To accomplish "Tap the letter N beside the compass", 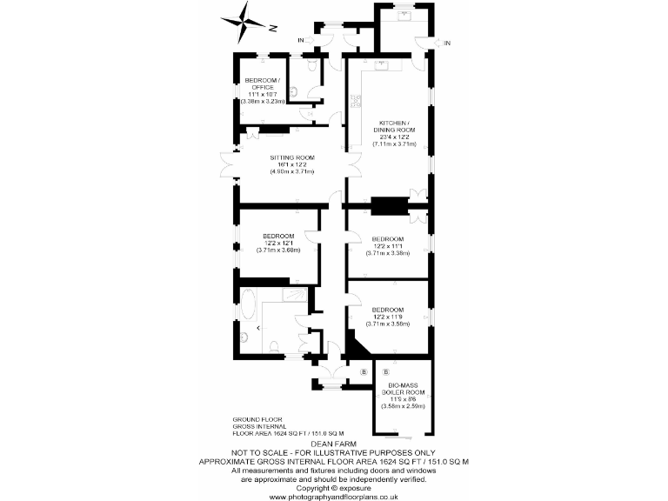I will [272, 28].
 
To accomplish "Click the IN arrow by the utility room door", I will [447, 42].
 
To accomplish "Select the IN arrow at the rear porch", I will [301, 41].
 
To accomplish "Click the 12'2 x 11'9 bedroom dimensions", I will [388, 317].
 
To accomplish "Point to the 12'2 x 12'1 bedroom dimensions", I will [278, 244].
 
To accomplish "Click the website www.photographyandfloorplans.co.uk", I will [333, 497].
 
